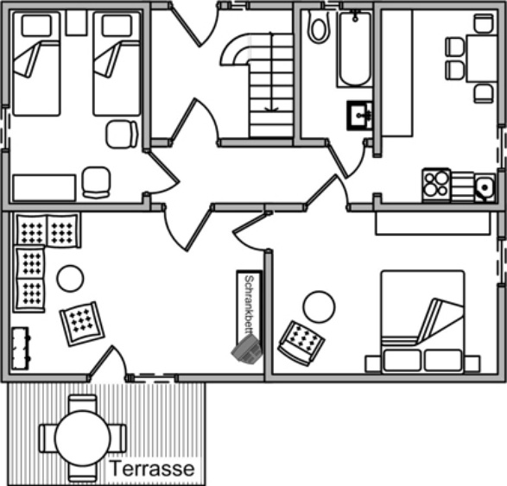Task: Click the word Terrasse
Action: coord(152,469)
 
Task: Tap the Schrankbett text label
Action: coord(249,305)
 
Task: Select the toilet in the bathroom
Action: coord(319,27)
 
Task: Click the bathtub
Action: coord(355,48)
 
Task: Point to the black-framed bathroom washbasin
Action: coord(359,116)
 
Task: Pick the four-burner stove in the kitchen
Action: coord(436,185)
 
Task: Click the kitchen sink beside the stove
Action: coord(485,187)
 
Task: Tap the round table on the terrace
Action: coord(82,438)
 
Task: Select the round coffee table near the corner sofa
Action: coord(70,278)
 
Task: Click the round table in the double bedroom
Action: coord(319,306)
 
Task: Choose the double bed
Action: coord(422,321)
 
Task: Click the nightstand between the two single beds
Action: coord(76,22)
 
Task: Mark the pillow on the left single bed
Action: coord(36,26)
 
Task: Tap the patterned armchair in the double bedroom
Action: coord(301,344)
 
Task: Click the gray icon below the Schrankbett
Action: coord(247,348)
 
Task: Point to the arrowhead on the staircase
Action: coord(271,109)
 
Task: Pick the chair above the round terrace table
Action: coord(82,402)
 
